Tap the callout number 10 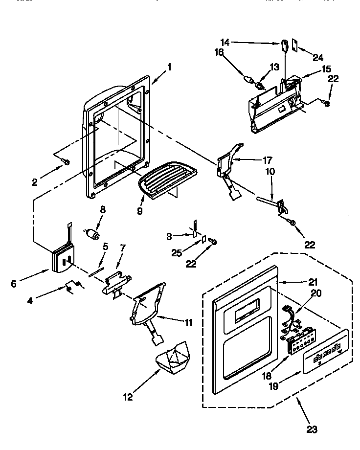click(270, 172)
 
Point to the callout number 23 click(312, 430)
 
